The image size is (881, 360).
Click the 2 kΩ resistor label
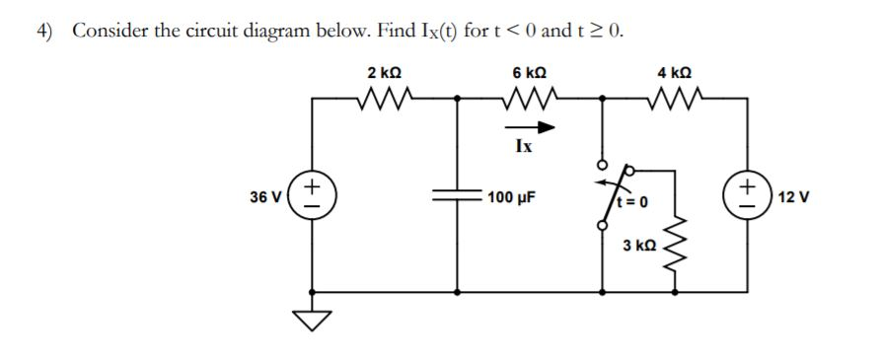pos(383,73)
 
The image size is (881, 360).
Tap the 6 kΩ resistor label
pos(529,73)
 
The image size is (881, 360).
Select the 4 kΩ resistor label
pos(674,73)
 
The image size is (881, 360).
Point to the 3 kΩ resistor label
pos(637,244)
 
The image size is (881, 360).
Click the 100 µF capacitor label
pos(511,197)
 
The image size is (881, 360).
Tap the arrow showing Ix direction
pos(529,127)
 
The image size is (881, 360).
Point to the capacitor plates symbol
pos(457,197)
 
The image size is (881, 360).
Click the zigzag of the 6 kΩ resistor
pos(529,98)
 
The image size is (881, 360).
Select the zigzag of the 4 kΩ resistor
pos(674,98)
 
